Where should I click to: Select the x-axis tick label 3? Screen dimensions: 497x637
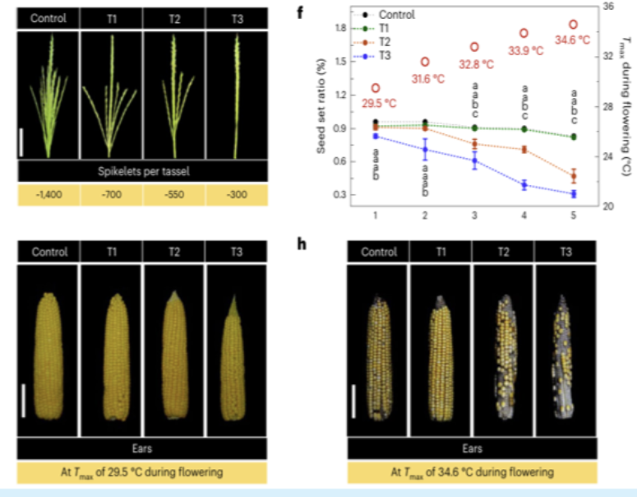tap(474, 216)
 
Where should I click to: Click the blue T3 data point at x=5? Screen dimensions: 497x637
tap(574, 194)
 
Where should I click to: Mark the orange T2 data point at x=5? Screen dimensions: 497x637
tap(574, 176)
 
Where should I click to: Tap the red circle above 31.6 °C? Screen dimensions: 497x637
tap(425, 62)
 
